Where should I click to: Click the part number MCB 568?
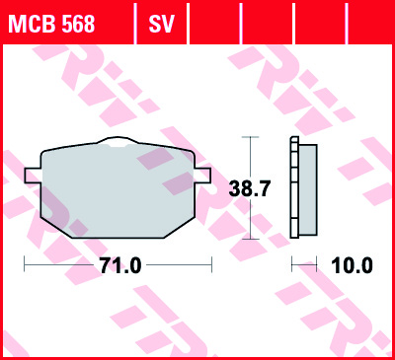tap(52, 23)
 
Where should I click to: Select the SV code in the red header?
tap(161, 23)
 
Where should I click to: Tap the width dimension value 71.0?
tap(120, 265)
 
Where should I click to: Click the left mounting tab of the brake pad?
tap(31, 175)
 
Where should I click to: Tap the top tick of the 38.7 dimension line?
tap(251, 138)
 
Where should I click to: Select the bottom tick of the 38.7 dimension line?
tap(251, 239)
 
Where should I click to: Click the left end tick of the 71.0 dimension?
tap(24, 265)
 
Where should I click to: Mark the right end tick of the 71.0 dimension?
tap(211, 265)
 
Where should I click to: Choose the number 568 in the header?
tap(75, 23)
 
